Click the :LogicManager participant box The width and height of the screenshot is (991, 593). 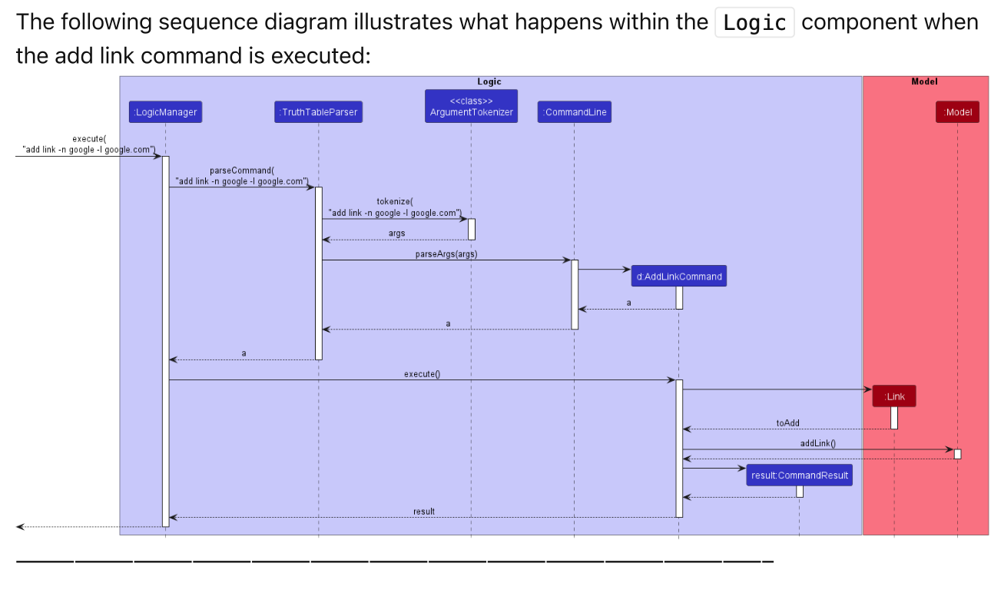[165, 112]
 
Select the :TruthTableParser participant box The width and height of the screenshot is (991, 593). [319, 112]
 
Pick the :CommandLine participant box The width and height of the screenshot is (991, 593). [574, 112]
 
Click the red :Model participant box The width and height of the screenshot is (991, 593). [957, 112]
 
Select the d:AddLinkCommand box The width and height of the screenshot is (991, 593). [679, 277]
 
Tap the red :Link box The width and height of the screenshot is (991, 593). [894, 396]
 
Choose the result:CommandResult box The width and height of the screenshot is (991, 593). [799, 475]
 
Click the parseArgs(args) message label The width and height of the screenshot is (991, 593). [446, 254]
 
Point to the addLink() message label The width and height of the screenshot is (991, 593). [817, 443]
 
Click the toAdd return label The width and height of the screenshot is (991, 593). [787, 423]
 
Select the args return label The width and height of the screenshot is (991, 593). [396, 234]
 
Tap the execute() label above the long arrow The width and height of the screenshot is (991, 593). [422, 374]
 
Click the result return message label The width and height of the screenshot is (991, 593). [423, 512]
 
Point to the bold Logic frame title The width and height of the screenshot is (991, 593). [489, 81]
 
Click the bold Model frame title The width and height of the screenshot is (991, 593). [924, 81]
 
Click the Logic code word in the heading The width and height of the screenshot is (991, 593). [754, 23]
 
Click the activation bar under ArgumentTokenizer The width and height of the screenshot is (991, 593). [472, 229]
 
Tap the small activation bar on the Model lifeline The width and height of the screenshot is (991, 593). [957, 454]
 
